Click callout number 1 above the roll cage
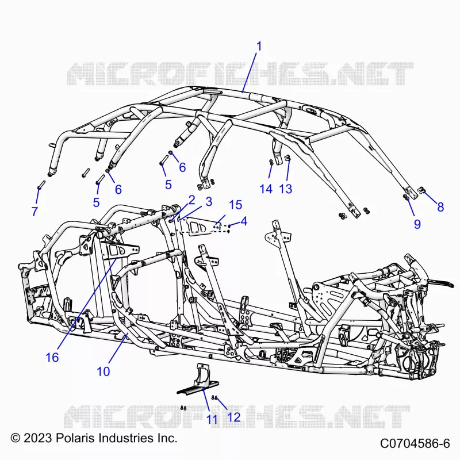point(259,47)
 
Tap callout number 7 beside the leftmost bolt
point(34,211)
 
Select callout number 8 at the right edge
point(440,207)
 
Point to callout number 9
point(417,224)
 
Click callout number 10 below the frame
point(103,371)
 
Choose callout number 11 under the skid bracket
point(212,419)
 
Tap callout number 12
point(234,417)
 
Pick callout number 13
point(286,189)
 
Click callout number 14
point(266,189)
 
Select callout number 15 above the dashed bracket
point(236,205)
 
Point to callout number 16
point(52,357)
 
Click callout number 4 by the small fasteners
point(244,221)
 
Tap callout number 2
point(191,200)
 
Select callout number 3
point(209,202)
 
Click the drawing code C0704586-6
point(415,443)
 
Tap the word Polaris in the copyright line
point(75,438)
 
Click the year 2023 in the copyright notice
point(37,438)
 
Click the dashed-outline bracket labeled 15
point(205,225)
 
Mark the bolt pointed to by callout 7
point(41,185)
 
